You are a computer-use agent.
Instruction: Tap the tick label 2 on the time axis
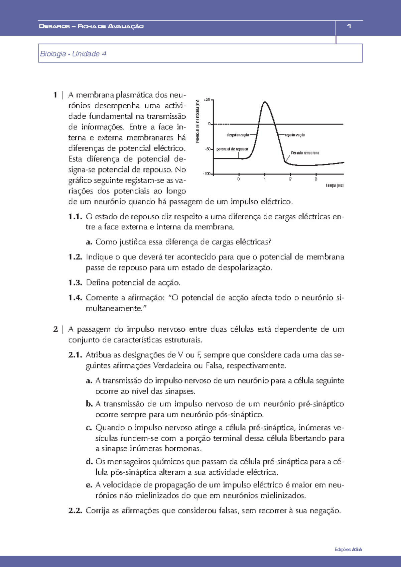click(290, 179)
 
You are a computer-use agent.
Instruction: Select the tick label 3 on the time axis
click(316, 179)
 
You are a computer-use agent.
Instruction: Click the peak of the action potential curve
click(265, 102)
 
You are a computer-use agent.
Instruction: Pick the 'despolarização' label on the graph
click(238, 135)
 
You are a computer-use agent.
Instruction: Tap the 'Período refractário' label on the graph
click(305, 153)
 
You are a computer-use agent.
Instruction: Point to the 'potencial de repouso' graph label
click(232, 149)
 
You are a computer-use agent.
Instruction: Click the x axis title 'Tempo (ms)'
click(335, 185)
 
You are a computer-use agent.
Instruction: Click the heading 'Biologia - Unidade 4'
click(73, 54)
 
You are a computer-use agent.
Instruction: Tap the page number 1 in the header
click(349, 26)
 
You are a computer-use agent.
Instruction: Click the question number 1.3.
click(75, 283)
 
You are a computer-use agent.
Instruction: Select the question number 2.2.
click(75, 511)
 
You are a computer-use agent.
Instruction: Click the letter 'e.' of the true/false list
click(89, 485)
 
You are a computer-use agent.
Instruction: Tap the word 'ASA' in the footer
click(357, 549)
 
